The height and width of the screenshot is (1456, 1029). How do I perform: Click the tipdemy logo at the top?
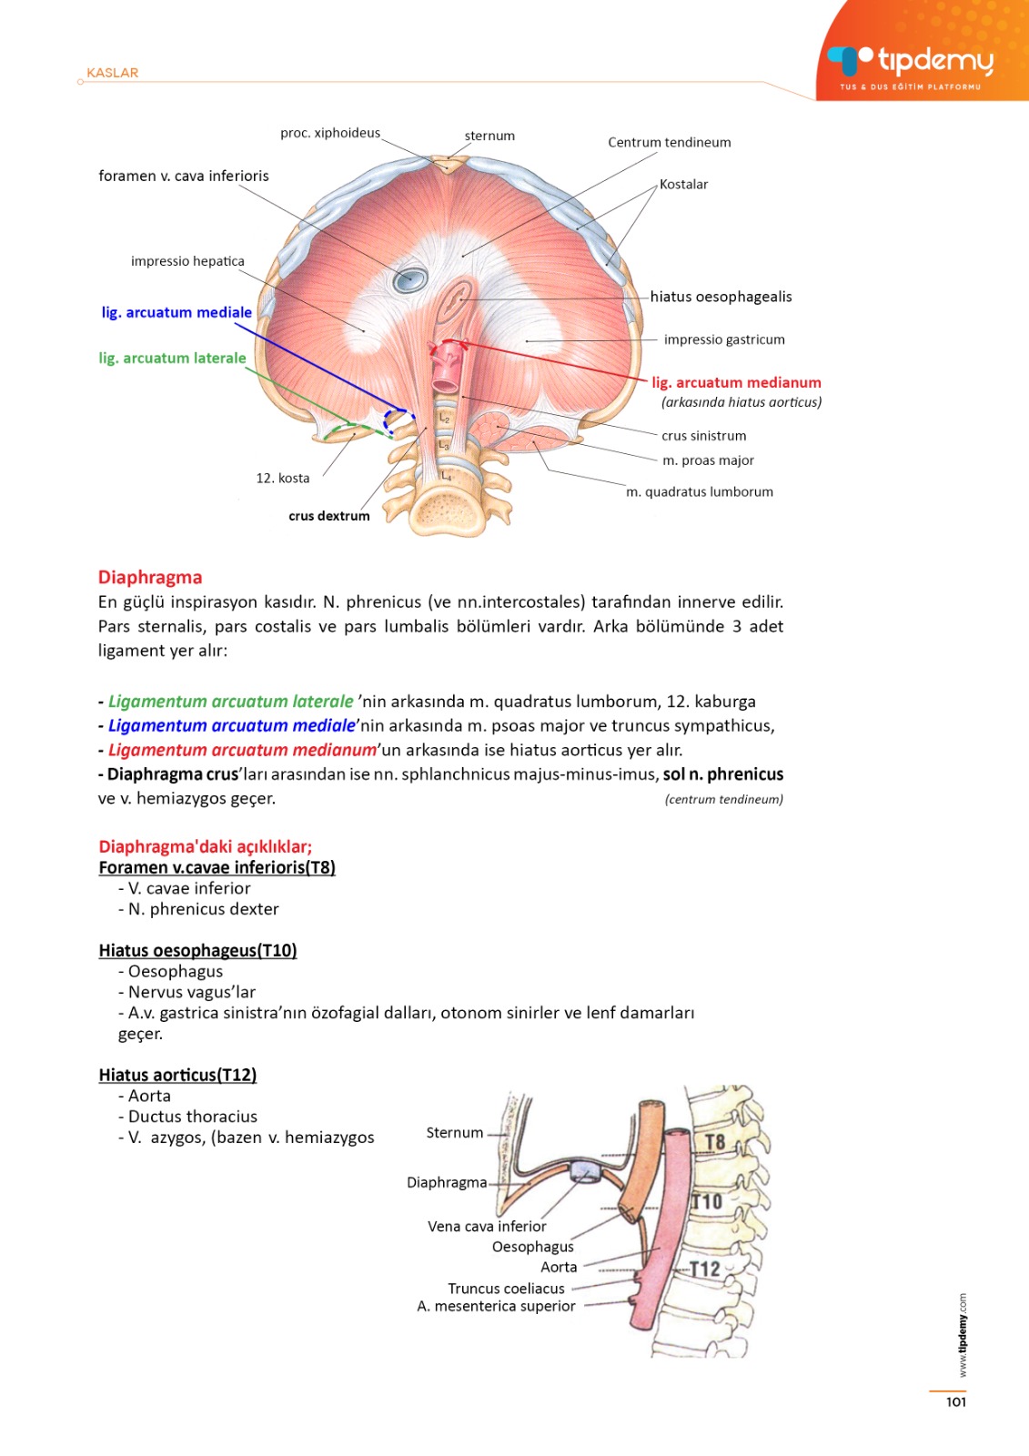910,62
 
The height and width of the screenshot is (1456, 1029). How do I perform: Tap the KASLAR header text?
112,73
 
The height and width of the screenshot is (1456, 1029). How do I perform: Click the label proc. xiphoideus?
330,133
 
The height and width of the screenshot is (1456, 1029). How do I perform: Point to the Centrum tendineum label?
669,142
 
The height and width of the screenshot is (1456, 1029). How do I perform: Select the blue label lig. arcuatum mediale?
177,312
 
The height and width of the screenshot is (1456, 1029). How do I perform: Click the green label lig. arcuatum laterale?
172,358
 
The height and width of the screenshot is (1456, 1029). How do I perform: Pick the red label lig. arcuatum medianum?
736,382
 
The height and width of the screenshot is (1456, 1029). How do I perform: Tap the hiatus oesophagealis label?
721,297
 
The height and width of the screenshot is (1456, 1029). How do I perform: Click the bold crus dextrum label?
329,516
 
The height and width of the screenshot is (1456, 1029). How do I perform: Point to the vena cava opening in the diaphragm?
410,278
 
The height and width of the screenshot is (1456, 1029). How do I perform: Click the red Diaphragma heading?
150,577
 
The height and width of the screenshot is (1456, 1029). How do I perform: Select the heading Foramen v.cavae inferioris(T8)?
217,867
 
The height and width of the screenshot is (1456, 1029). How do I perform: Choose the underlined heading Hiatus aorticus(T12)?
177,1075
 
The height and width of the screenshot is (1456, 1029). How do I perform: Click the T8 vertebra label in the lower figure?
714,1142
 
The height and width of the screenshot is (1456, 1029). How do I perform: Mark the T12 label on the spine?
705,1269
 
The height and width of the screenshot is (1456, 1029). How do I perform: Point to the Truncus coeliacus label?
506,1289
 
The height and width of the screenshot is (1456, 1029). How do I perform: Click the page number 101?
955,1402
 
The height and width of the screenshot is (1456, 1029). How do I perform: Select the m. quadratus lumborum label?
699,491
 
